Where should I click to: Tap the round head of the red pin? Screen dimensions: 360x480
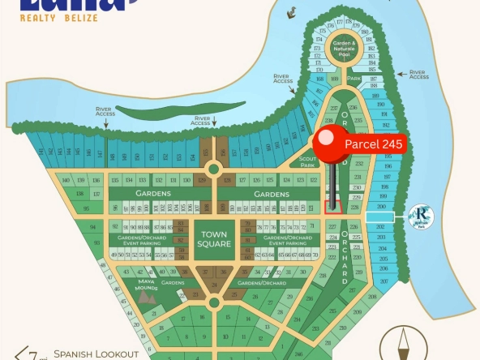coord(332,145)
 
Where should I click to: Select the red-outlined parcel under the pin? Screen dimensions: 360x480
coord(332,207)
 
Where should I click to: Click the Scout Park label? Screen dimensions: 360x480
coord(306,162)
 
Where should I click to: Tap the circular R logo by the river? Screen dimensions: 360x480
coord(424,216)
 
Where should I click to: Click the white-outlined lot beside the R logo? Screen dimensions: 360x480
coord(380,217)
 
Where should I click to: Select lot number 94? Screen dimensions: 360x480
coord(94,226)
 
